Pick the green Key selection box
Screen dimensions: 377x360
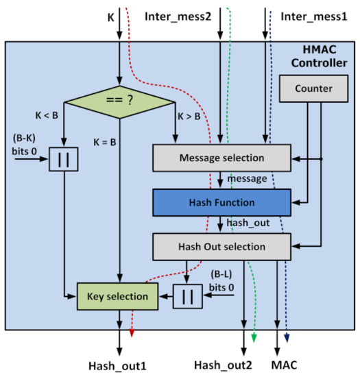pyautogui.click(x=117, y=296)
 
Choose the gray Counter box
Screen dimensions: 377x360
pyautogui.click(x=313, y=88)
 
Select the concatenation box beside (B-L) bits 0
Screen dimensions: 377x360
pyautogui.click(x=187, y=296)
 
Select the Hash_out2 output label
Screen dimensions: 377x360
pyautogui.click(x=224, y=364)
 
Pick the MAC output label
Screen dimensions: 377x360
pyautogui.click(x=286, y=364)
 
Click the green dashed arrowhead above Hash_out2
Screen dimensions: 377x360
pyautogui.click(x=254, y=336)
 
